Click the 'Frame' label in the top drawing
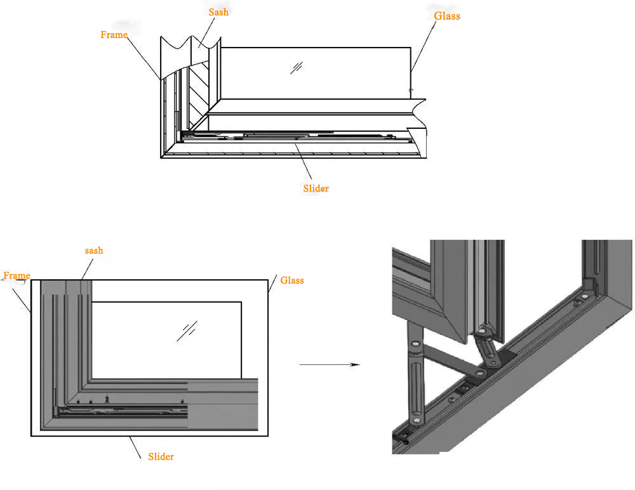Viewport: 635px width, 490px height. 114,35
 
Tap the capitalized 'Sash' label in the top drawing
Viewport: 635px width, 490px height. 218,12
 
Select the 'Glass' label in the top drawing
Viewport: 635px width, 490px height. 446,16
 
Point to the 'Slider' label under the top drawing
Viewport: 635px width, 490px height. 316,189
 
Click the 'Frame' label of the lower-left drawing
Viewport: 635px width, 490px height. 17,275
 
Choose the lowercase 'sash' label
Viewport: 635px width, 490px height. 93,251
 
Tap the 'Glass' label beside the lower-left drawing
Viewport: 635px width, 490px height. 292,280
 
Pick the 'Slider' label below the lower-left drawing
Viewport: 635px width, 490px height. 161,456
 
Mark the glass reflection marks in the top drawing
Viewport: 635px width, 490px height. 296,67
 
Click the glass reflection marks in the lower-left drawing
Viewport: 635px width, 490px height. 187,331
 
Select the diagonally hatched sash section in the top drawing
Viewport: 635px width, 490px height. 199,89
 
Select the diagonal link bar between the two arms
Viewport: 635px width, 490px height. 451,359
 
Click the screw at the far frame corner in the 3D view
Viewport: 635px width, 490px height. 584,295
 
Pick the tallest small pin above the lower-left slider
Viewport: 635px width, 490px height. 107,398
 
